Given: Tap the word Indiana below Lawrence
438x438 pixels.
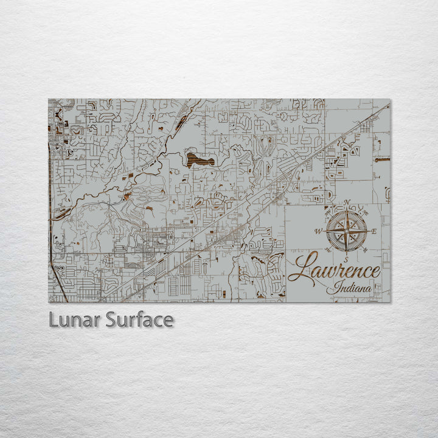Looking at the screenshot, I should coord(350,288).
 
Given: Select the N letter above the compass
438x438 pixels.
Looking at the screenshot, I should coord(347,203).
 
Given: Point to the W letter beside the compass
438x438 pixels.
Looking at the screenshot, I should coord(318,232).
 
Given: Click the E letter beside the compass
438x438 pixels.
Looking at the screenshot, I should coord(374,231).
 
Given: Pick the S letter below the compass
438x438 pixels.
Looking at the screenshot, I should coord(346,259).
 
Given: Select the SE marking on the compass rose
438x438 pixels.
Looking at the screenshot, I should coord(364,249).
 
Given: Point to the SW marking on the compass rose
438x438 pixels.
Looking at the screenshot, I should coord(328,249).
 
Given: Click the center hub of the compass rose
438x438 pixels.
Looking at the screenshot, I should coord(347,231).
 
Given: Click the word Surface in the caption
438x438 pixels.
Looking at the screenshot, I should coord(139,320).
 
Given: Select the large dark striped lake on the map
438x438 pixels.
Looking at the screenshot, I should coord(201,160).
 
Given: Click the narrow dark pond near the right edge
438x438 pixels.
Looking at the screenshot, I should coord(382,159).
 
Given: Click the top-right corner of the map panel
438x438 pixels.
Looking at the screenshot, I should coord(390,100).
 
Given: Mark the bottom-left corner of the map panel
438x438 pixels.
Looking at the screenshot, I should coord(49,302).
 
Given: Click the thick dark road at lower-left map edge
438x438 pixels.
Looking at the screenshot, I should coord(58,283).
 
